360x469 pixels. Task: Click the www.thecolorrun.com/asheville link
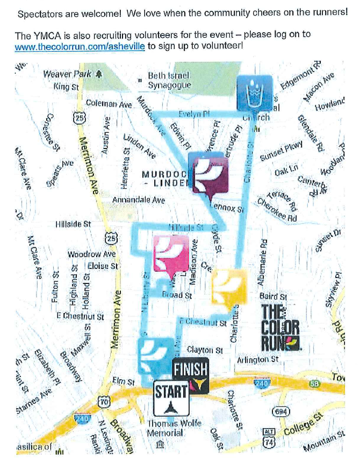80,47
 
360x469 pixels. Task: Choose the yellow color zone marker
229,288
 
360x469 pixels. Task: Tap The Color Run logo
280,328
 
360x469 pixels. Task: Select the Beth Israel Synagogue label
169,80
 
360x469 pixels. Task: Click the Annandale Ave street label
138,200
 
